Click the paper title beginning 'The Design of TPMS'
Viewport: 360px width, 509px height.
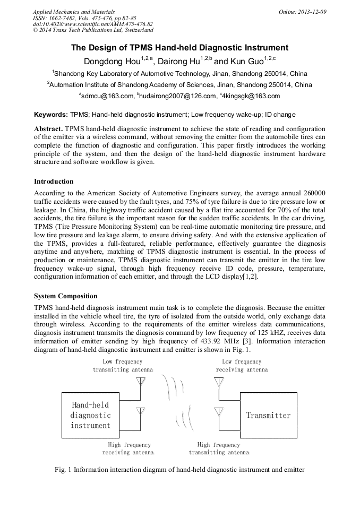coord(180,48)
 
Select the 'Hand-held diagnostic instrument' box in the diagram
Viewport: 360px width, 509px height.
coord(90,415)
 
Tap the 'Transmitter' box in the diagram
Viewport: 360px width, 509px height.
coord(268,415)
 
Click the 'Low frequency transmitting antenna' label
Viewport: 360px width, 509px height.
coord(123,366)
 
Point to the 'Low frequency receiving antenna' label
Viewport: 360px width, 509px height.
coord(242,366)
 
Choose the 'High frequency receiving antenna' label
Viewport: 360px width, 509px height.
coord(128,448)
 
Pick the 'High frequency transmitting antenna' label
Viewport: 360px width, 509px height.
coord(218,448)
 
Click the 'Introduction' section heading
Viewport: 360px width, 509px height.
coord(54,182)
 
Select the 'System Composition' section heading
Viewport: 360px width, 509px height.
coord(65,296)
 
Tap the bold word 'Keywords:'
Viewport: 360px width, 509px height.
coord(51,115)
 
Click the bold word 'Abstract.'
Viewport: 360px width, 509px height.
coord(49,129)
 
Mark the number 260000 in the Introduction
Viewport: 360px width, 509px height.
coord(313,194)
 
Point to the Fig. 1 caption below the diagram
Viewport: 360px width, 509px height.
coord(179,470)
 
